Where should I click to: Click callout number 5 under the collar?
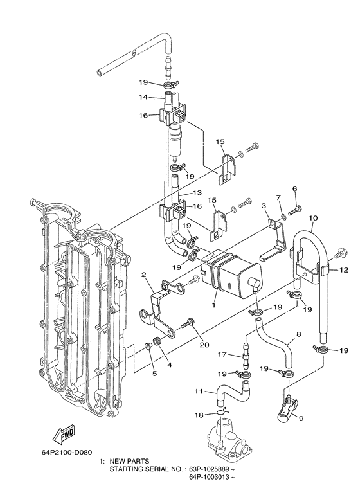click(154, 373)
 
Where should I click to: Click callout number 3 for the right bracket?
click(264, 204)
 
